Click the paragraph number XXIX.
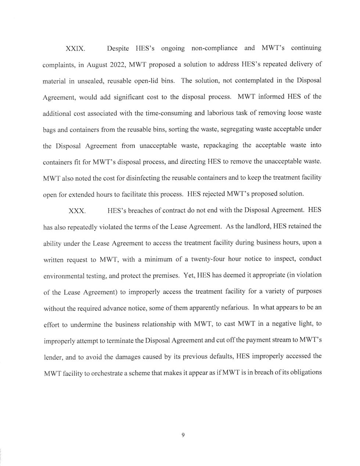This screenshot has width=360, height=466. tap(75, 49)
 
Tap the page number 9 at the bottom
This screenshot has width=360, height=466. tap(183, 435)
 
